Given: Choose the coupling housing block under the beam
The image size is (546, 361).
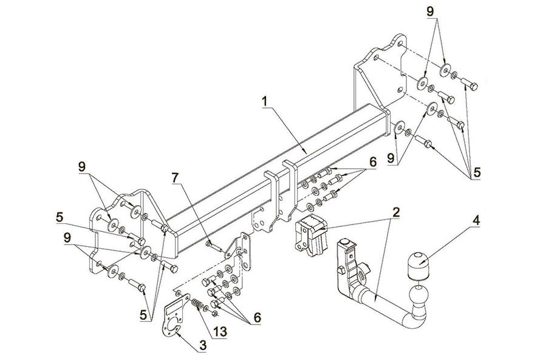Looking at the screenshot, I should tap(310, 237).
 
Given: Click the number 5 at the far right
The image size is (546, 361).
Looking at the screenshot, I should tap(476, 172).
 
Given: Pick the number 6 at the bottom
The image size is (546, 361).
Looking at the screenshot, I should tap(257, 317).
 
